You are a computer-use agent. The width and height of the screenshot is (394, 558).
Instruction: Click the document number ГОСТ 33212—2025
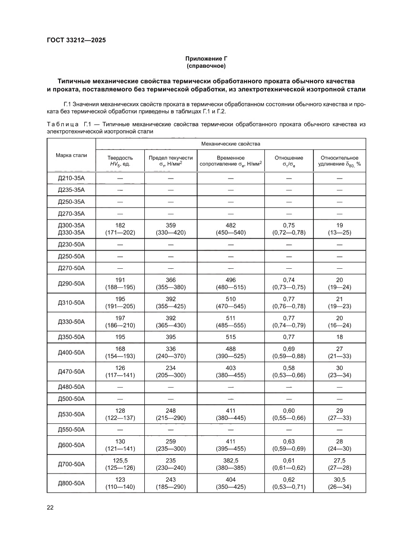tap(76, 40)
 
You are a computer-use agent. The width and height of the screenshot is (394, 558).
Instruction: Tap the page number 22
tap(50, 507)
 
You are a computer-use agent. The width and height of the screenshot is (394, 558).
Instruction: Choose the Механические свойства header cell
tap(231, 143)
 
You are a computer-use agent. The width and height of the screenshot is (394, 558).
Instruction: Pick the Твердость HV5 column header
tap(120, 161)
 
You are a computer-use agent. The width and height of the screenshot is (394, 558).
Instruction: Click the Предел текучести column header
tap(171, 161)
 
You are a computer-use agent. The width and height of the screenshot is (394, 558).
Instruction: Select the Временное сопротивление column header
tap(231, 161)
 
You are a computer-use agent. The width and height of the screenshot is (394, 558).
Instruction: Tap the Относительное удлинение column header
tap(339, 161)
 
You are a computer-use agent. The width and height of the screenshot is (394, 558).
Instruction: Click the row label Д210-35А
tap(71, 179)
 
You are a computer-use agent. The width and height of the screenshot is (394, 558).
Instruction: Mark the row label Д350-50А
tap(71, 337)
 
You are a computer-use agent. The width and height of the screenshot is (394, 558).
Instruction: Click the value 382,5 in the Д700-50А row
tap(231, 460)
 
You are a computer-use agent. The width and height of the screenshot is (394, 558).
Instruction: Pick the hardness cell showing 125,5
tap(120, 460)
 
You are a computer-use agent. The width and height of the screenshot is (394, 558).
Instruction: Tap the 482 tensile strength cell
tap(231, 225)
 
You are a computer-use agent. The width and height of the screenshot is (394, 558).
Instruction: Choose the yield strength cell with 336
tap(171, 349)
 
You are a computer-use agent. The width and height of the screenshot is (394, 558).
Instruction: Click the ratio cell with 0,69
tap(289, 349)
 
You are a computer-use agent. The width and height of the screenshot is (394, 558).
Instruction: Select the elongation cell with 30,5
tap(339, 479)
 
